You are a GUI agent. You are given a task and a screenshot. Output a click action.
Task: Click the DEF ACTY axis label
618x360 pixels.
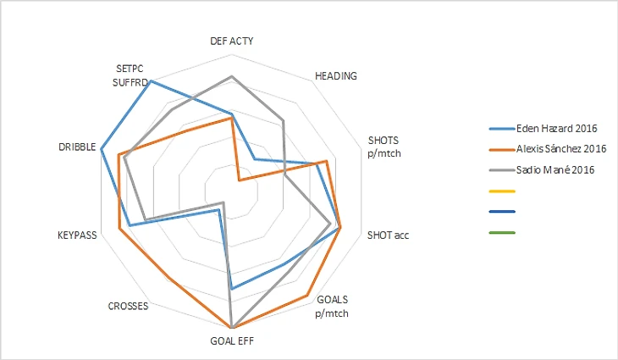[231, 41]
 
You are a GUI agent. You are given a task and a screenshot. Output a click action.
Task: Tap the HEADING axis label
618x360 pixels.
[335, 75]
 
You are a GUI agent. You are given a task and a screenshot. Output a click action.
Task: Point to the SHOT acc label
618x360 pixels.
[387, 235]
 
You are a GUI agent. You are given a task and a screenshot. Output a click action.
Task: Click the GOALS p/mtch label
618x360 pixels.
[332, 306]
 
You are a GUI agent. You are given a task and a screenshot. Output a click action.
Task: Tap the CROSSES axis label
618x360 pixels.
[129, 306]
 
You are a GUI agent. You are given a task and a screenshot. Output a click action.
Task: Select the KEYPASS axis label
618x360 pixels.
[77, 235]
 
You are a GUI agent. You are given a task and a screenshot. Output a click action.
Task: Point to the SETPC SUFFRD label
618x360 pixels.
[131, 75]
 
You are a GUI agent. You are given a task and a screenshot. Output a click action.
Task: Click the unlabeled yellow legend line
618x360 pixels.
[502, 191]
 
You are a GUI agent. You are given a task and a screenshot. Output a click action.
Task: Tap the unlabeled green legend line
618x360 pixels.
[502, 232]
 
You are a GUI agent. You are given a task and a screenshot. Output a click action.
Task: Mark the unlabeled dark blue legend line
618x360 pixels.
[502, 212]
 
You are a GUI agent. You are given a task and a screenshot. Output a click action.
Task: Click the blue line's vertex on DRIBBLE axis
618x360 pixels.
[102, 150]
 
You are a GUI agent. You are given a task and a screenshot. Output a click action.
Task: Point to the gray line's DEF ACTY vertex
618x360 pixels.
[232, 76]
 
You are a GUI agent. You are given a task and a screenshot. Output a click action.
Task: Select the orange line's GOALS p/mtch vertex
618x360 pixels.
[306, 295]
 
